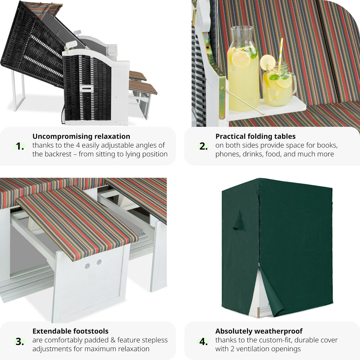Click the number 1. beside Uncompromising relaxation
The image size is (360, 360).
point(20,146)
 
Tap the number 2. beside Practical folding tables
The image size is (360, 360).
point(203,146)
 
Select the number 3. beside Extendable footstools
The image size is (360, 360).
point(20,342)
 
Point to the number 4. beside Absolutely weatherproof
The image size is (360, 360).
point(203,342)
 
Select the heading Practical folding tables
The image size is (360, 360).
point(255,136)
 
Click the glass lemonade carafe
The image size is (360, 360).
point(243,69)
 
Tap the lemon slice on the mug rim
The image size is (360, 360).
point(267,62)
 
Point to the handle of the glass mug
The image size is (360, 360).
point(294,85)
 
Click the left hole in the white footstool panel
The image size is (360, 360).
point(87,266)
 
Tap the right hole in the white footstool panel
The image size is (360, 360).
point(99,262)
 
